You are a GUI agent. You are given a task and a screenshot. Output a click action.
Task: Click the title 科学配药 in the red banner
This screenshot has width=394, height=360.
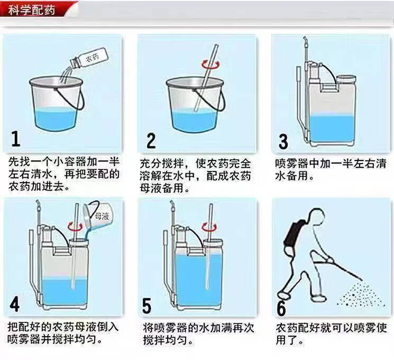pyautogui.click(x=32, y=10)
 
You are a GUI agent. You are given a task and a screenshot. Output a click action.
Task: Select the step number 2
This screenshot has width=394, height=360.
pyautogui.click(x=151, y=141)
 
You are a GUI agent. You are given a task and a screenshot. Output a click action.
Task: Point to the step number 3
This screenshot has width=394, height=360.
pyautogui.click(x=283, y=142)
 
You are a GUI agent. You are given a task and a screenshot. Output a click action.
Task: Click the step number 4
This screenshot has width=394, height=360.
pyautogui.click(x=15, y=304)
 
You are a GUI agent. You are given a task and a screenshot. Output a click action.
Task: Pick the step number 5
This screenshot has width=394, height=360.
pyautogui.click(x=146, y=305)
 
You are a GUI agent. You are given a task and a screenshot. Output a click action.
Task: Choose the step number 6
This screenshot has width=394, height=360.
pyautogui.click(x=281, y=308)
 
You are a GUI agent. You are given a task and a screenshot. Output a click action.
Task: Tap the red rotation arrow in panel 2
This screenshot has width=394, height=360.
pyautogui.click(x=210, y=65)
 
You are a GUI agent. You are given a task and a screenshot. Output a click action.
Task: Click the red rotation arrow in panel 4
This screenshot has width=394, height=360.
pyautogui.click(x=76, y=227)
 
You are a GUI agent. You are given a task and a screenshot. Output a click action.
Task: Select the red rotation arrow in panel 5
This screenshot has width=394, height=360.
pyautogui.click(x=209, y=227)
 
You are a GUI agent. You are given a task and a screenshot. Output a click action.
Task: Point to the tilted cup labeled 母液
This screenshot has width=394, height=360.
pyautogui.click(x=98, y=214)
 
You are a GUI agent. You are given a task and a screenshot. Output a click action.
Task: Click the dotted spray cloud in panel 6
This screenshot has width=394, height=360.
pyautogui.click(x=362, y=294)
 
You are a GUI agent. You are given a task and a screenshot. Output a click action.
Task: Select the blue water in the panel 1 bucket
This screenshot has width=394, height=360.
pyautogui.click(x=56, y=120)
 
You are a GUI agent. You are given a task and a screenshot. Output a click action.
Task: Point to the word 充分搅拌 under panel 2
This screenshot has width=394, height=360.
pyautogui.click(x=162, y=164)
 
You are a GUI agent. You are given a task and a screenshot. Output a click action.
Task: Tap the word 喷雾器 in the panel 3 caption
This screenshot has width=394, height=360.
pyautogui.click(x=291, y=164)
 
